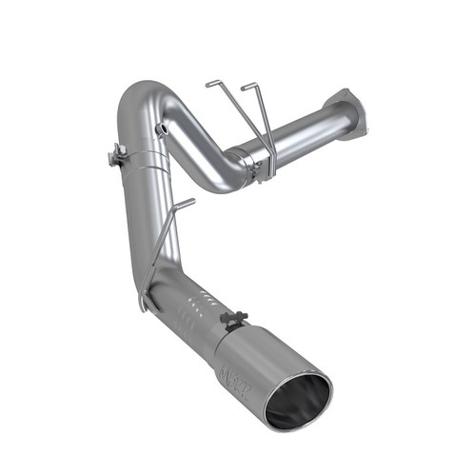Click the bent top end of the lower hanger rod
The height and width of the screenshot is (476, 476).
pyautogui.click(x=187, y=202)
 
